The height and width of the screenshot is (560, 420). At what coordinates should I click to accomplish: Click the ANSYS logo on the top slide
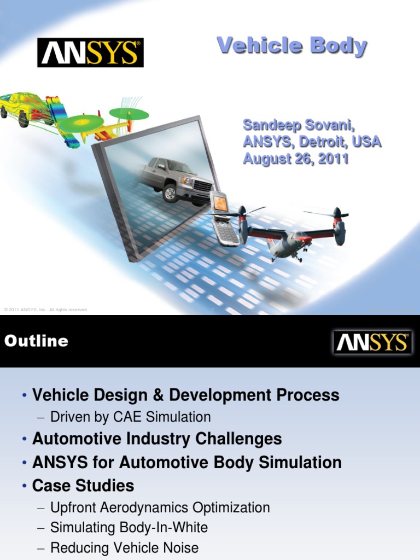pos(90,52)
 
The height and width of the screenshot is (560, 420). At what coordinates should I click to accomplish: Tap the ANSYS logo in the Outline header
pos(372,342)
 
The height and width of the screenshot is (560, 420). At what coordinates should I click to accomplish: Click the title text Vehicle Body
pos(291,46)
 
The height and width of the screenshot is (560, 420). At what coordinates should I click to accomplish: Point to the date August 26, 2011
pos(295,160)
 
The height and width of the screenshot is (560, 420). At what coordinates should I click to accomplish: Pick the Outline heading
pos(36,341)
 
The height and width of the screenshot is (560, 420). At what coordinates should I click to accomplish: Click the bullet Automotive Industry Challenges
pos(157,439)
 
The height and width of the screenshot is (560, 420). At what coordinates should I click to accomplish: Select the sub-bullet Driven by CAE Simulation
pos(130,417)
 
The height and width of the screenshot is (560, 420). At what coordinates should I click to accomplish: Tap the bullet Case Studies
pos(83,486)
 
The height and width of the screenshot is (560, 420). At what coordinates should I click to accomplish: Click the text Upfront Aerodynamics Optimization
pos(160,507)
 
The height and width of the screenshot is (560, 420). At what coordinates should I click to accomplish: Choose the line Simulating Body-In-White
pos(129,528)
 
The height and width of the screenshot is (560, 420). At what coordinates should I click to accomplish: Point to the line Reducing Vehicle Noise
pos(124,547)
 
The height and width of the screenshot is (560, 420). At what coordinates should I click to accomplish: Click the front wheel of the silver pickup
pos(170,194)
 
